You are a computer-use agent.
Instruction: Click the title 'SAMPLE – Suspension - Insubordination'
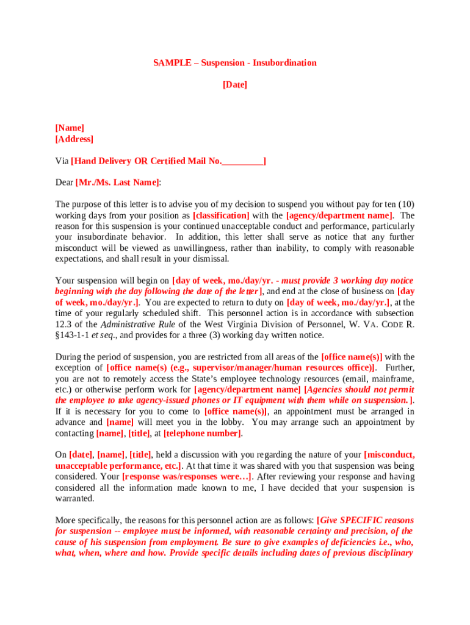tap(235, 63)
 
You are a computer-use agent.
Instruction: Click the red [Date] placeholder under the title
tap(235, 85)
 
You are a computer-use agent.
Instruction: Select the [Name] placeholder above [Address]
tap(70, 128)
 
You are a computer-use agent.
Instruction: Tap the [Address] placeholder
tap(74, 139)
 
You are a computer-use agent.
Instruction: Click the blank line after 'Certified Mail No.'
tap(242, 161)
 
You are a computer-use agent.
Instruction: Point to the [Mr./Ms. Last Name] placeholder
tap(117, 182)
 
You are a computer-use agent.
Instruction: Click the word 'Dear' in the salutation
tap(64, 182)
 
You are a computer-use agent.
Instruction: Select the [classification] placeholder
tap(221, 215)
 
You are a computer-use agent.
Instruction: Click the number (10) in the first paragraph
tap(406, 204)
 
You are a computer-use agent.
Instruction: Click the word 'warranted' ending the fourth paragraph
tap(75, 499)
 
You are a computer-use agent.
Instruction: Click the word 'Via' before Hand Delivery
tap(62, 161)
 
